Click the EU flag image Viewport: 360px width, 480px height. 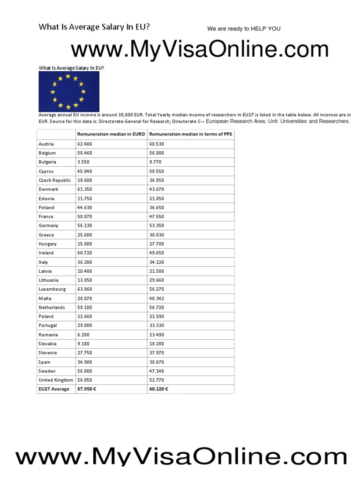69,92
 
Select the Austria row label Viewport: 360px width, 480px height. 46,144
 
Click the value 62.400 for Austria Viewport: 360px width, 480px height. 84,144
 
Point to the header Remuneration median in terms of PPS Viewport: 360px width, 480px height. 190,135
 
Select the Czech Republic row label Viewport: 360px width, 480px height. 55,180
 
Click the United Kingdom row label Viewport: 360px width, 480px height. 55,380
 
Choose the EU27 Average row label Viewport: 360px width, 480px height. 54,389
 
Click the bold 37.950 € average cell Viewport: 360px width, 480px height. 88,389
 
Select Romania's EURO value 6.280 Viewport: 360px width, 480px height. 83,335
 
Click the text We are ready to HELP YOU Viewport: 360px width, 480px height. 244,29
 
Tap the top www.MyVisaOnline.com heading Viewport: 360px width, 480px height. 200,50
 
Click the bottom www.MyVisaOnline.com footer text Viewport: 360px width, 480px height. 182,456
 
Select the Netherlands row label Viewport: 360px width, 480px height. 52,307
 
